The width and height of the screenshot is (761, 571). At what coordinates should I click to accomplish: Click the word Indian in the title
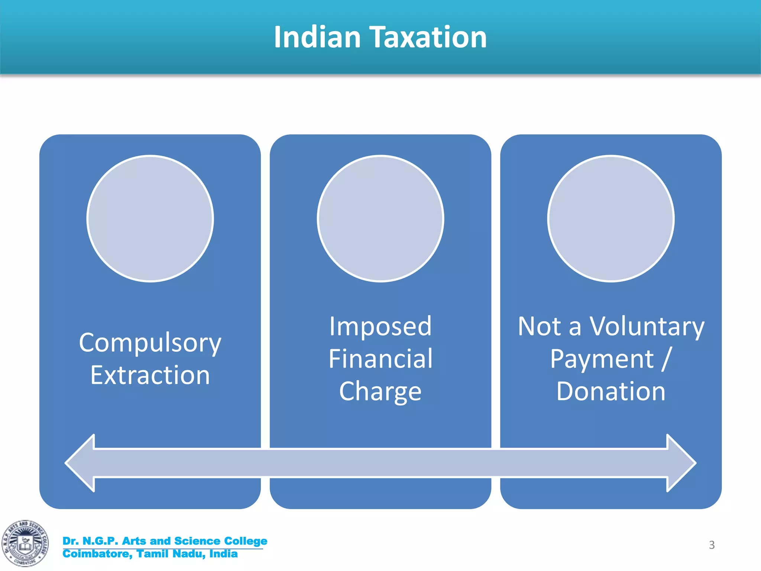[x=317, y=37]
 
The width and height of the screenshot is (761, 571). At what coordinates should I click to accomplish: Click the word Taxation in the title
[x=429, y=37]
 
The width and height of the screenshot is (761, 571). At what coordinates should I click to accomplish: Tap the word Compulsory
[x=150, y=343]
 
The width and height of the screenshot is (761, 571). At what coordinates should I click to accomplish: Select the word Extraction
[x=150, y=375]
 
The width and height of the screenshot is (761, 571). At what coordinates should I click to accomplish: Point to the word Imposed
[x=380, y=326]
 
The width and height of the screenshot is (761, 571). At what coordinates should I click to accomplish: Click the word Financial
[x=380, y=359]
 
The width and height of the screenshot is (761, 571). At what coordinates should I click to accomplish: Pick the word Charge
[x=380, y=391]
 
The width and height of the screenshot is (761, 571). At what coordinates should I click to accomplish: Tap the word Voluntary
[x=647, y=326]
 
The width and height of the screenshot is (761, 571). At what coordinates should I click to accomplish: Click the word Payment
[x=602, y=359]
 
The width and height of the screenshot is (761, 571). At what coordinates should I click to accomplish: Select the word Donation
[x=611, y=391]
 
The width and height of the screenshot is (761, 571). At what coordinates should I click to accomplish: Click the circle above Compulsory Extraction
[x=150, y=219]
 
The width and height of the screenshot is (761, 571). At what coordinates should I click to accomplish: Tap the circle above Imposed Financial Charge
[x=380, y=219]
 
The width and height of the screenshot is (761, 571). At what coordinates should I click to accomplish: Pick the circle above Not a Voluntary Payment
[x=611, y=219]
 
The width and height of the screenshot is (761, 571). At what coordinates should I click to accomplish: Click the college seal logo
[x=25, y=543]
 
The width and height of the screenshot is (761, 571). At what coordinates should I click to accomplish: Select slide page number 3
[x=712, y=545]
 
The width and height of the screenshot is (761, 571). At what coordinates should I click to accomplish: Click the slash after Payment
[x=667, y=359]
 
